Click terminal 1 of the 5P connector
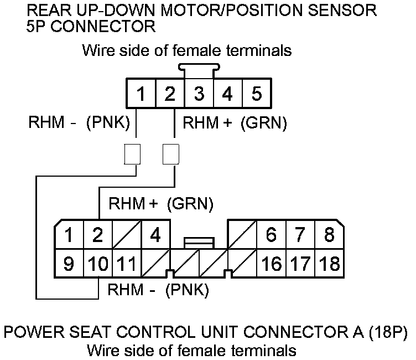tap(141, 94)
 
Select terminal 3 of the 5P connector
tap(199, 94)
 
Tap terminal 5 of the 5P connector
tap(256, 94)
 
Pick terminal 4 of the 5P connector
tap(227, 94)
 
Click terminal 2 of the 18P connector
tap(98, 235)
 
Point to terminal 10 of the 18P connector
tap(98, 263)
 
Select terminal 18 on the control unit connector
tap(330, 263)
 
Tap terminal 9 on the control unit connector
tap(69, 263)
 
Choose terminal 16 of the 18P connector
tap(271, 263)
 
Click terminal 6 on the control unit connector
tap(271, 235)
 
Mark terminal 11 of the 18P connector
tap(127, 263)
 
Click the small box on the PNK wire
tap(132, 155)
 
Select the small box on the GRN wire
tap(170, 155)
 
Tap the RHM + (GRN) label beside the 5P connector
tap(235, 124)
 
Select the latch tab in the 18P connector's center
tap(199, 242)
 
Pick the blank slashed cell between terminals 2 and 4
tap(127, 235)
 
